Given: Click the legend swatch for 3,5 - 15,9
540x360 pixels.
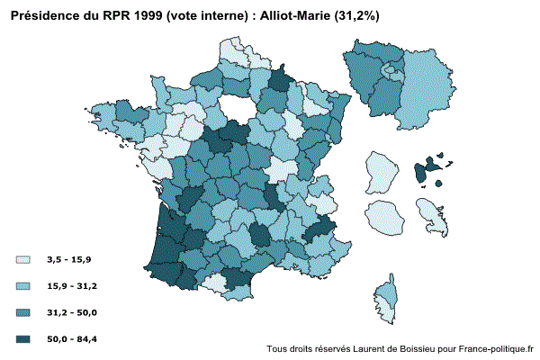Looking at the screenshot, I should [x=24, y=260].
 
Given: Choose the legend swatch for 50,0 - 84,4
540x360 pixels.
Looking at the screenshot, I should [x=24, y=339].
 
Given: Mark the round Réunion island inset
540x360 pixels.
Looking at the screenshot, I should [x=384, y=219].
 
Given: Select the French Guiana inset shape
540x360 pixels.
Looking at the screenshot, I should [x=381, y=171].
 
